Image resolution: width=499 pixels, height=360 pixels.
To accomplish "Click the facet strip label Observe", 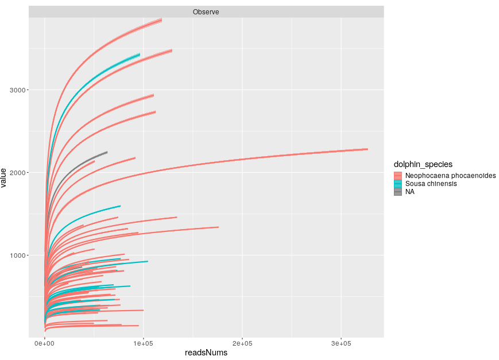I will tap(206, 12).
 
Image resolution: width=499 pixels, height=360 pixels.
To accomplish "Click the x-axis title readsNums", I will tap(206, 353).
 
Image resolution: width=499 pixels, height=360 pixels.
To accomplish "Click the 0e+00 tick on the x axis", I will tap(45, 343).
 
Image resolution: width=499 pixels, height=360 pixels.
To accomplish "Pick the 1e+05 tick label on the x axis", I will tap(144, 343).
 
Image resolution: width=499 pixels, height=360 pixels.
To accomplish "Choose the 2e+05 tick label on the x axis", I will tap(242, 343).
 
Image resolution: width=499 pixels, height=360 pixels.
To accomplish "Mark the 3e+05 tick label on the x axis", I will tap(341, 343).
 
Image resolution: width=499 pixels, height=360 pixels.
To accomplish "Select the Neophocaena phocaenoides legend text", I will tap(450, 176).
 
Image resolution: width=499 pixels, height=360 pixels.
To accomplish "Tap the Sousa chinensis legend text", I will tap(431, 184).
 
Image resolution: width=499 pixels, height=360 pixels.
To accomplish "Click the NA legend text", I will tap(409, 192).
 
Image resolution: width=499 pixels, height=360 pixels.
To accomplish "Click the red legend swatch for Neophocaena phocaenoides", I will tap(398, 176).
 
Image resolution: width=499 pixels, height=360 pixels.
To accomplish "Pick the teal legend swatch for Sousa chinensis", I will tap(398, 184).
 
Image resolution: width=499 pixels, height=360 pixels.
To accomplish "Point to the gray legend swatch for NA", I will tap(398, 192).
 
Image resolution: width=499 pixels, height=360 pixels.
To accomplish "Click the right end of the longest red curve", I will tap(367, 149).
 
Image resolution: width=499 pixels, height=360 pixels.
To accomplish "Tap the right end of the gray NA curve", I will tap(107, 152).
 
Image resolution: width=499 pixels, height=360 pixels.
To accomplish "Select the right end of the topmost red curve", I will tap(161, 20).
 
